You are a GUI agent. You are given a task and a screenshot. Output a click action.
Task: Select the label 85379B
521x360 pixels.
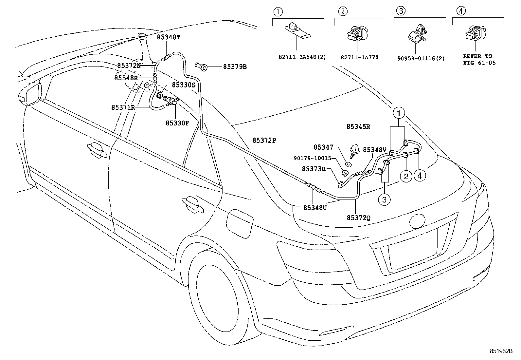tap(235, 67)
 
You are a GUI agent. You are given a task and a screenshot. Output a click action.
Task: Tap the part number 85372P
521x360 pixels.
tap(264, 140)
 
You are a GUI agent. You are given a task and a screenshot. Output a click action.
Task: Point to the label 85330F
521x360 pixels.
tap(177, 123)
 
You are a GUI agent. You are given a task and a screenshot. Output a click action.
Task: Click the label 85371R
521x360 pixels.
tap(123, 107)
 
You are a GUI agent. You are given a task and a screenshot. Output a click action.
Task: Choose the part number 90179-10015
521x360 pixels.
tap(312, 159)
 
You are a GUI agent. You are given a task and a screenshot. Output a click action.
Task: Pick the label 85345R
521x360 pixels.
tap(358, 127)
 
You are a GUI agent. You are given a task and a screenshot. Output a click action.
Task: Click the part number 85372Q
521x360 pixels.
tap(359, 217)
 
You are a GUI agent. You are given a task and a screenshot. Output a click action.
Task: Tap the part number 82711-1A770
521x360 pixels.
tap(360, 57)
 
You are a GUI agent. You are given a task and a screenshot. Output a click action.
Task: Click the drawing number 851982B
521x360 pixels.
tap(500, 351)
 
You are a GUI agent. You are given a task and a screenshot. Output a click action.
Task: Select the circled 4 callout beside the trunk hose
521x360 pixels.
tap(420, 176)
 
